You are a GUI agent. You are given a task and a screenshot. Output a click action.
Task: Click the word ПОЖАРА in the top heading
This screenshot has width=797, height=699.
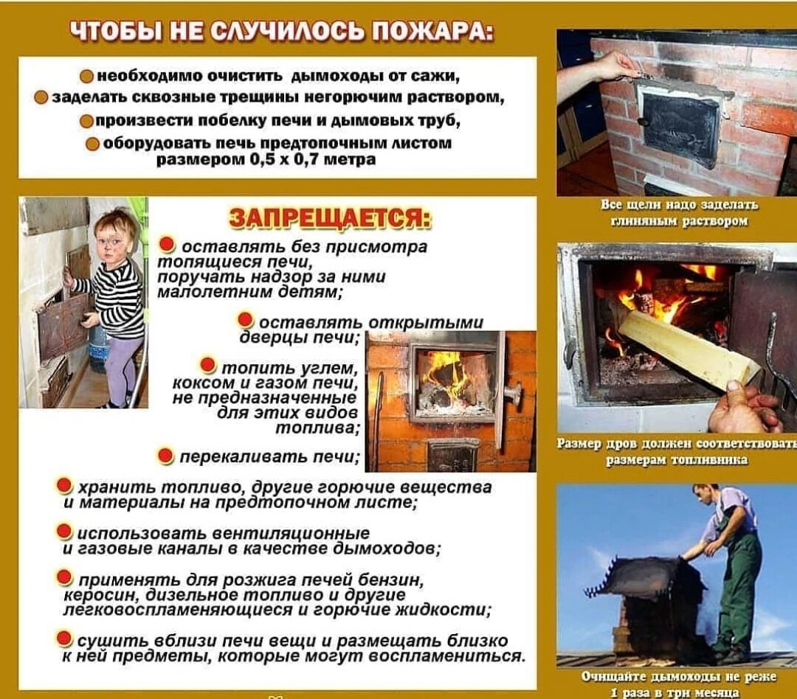(431, 33)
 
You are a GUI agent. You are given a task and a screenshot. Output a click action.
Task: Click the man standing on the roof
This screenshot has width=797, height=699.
(727, 560)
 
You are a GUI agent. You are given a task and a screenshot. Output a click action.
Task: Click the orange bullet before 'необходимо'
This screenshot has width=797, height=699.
(87, 76)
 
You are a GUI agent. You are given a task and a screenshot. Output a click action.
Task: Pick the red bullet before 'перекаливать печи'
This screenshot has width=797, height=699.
(166, 456)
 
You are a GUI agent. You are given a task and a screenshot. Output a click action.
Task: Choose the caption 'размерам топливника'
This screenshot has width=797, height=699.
(677, 459)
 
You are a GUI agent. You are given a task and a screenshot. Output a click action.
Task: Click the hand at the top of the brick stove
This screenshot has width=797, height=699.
(613, 66)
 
